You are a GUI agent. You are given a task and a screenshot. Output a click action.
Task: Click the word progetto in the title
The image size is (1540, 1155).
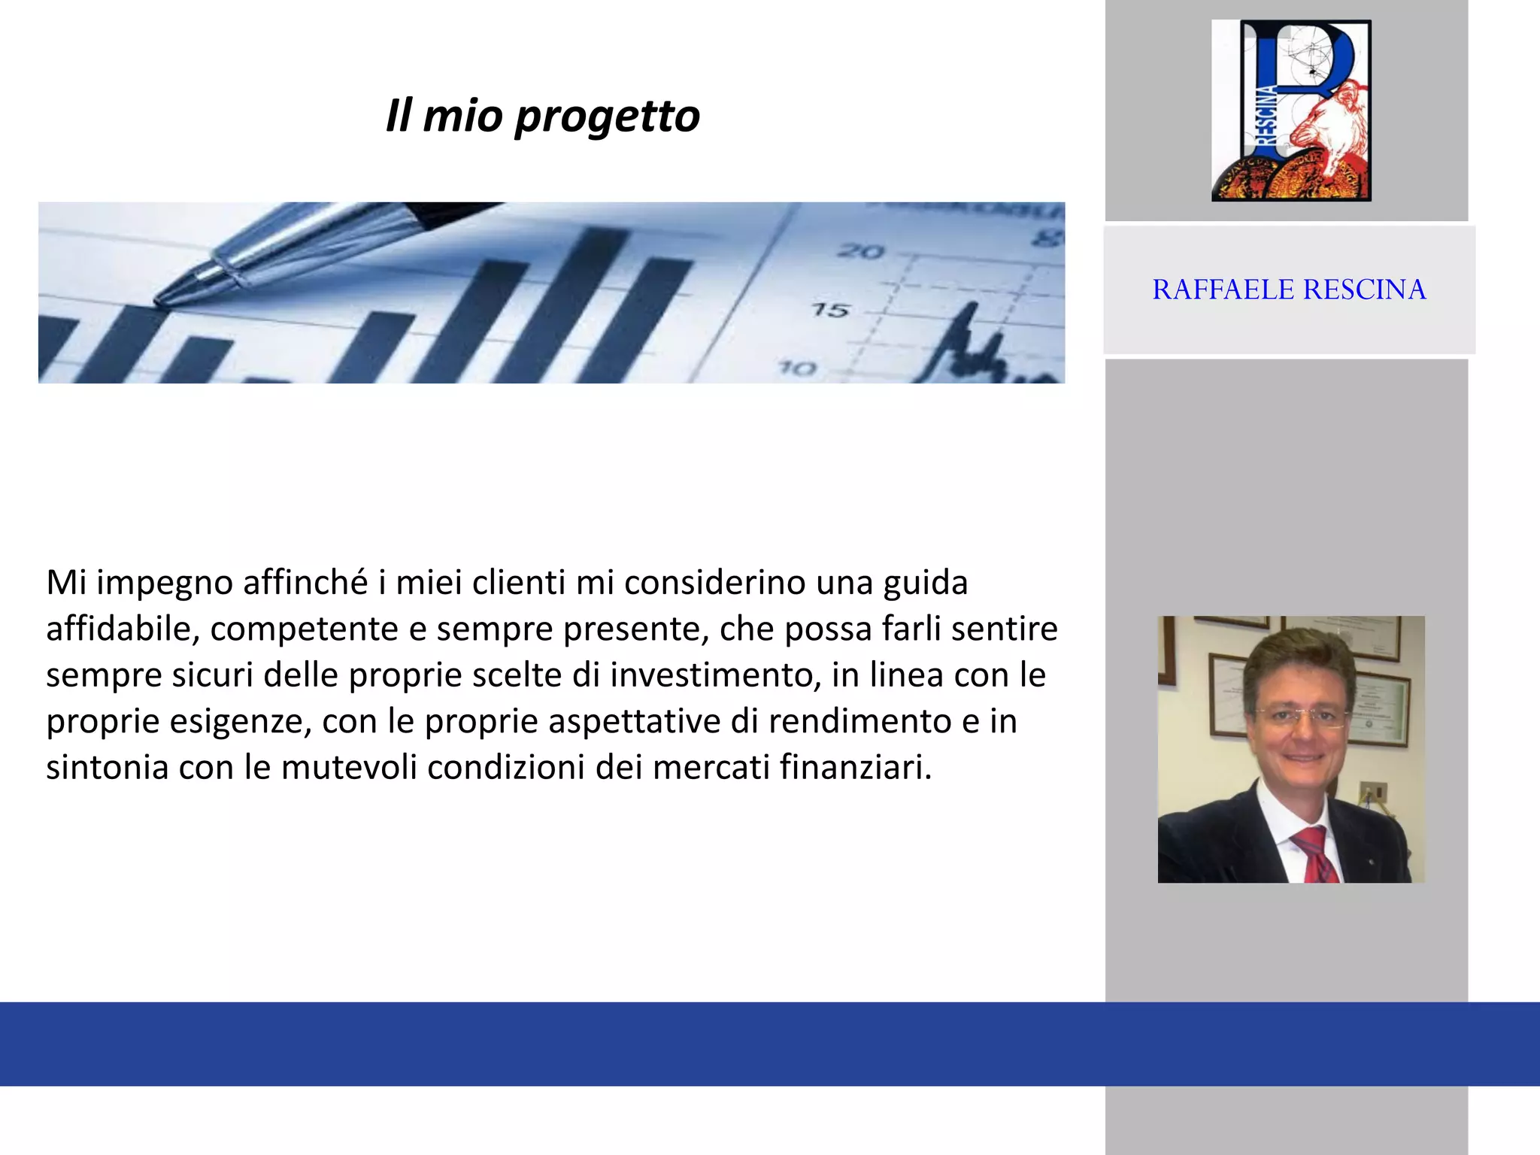[x=607, y=117]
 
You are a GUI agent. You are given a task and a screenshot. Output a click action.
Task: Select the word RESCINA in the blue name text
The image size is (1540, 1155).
[x=1364, y=290]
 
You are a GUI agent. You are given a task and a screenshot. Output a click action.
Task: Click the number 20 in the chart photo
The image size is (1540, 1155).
[x=862, y=251]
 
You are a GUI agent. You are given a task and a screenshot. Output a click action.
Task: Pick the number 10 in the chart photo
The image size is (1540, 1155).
[x=797, y=368]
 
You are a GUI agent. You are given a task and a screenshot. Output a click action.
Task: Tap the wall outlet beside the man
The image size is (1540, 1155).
[x=1374, y=795]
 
